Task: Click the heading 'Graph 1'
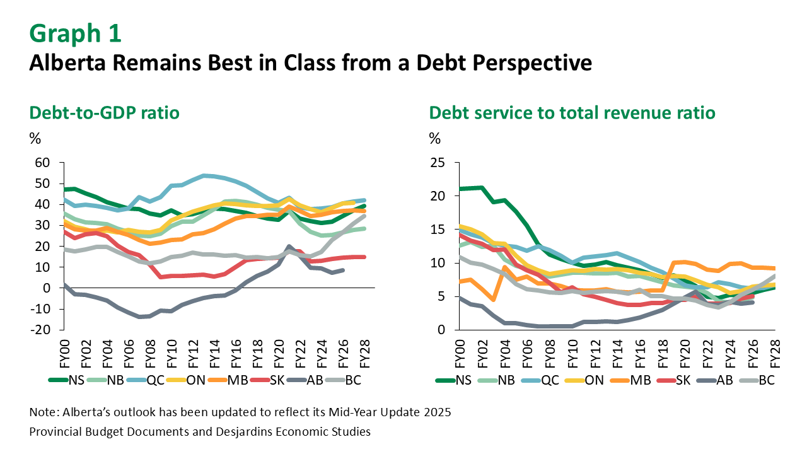pos(75,33)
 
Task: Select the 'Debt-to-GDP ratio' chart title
pos(105,113)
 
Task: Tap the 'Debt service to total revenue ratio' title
pos(572,113)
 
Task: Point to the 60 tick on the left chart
pos(42,163)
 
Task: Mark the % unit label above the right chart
pos(435,137)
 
